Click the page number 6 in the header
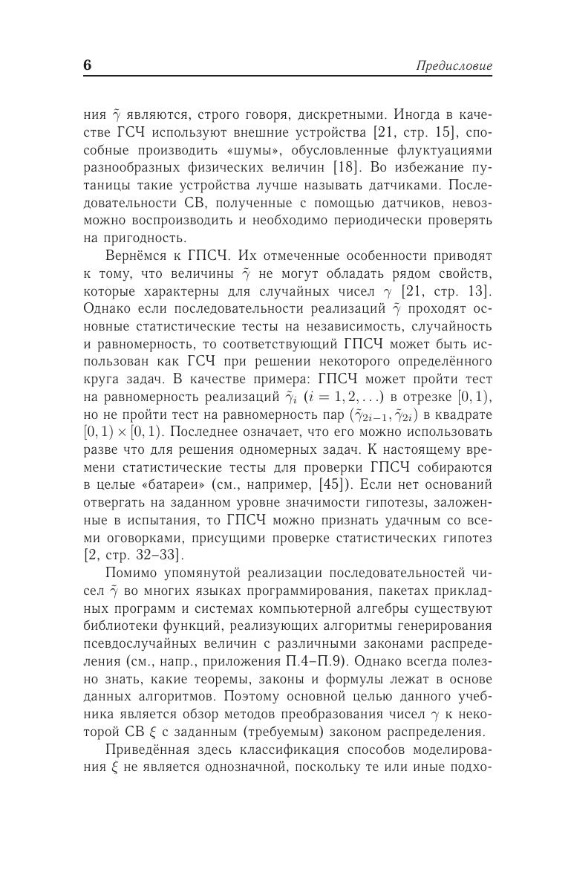click(x=88, y=65)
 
